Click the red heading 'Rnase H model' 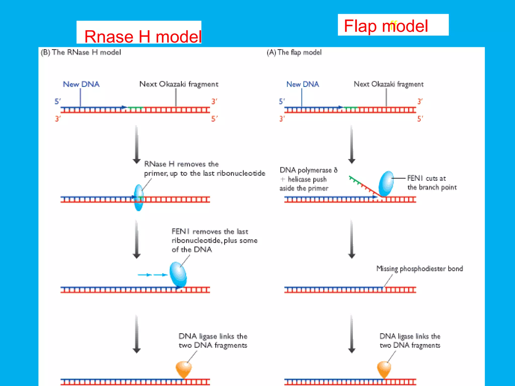143,37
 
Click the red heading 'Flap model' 386,26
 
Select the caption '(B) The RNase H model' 81,52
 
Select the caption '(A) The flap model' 294,52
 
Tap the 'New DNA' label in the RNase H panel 81,84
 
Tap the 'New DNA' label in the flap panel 303,84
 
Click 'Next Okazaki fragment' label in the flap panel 389,84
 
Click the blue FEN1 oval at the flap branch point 386,183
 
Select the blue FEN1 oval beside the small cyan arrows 178,274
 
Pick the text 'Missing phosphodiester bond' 419,269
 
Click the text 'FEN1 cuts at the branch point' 432,183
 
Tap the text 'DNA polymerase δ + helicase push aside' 308,179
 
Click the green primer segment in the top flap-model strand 351,108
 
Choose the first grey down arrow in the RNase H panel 137,144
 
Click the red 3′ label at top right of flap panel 420,102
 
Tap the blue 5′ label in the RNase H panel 58,102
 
